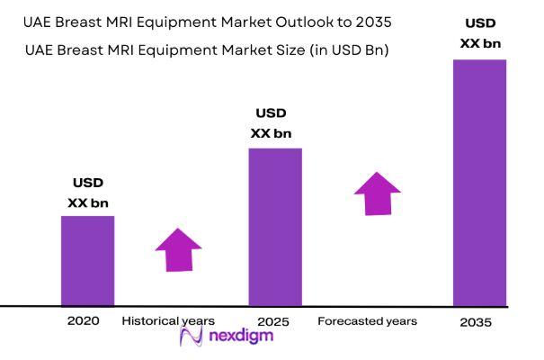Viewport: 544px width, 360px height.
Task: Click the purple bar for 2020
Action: pos(87,261)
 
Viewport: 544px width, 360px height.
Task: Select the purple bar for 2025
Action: pos(275,227)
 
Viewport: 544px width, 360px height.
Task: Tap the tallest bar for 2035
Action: pos(479,183)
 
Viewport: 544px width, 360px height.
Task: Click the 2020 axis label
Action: pos(84,320)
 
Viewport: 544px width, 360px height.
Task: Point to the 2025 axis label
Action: pos(272,320)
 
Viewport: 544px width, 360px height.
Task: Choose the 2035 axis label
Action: pos(476,321)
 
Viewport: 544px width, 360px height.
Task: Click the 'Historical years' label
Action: pos(168,320)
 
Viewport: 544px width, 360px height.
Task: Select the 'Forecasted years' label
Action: pos(367,320)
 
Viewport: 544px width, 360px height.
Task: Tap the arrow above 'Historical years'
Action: pos(179,248)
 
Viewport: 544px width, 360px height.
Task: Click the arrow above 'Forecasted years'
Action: pos(378,193)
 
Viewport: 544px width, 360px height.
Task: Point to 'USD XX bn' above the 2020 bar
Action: pos(88,193)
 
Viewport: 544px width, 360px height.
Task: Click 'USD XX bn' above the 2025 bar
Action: pos(271,123)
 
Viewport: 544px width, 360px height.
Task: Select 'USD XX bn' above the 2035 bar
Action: pos(479,32)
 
